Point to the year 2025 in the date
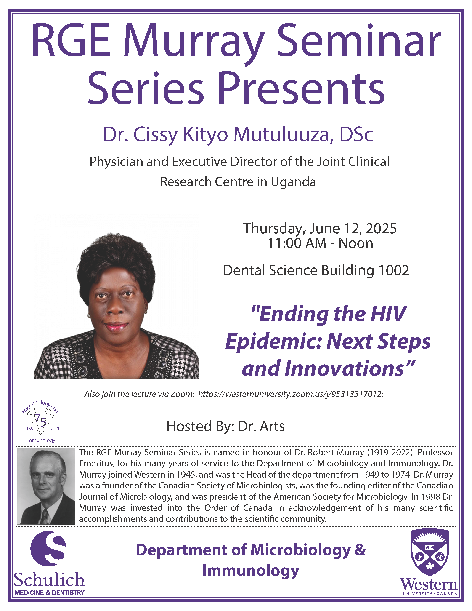click(381, 229)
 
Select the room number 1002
click(394, 271)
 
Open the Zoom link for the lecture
click(291, 394)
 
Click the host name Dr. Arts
click(261, 426)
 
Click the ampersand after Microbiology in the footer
click(360, 550)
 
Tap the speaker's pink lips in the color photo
click(116, 326)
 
